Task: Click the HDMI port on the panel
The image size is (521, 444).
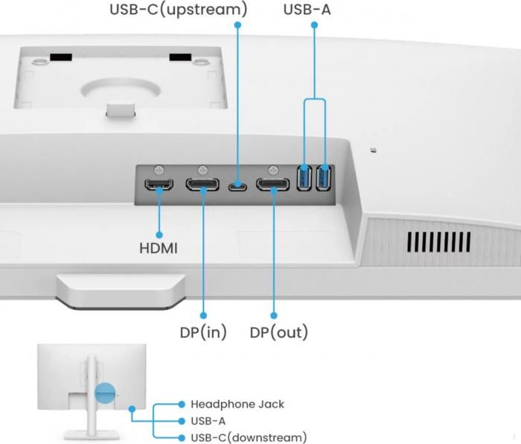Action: pyautogui.click(x=159, y=185)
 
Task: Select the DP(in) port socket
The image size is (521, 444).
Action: pyautogui.click(x=202, y=185)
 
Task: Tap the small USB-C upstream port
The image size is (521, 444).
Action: pyautogui.click(x=238, y=185)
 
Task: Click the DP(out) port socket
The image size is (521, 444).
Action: pyautogui.click(x=273, y=185)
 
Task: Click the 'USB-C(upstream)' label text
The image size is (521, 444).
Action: pyautogui.click(x=179, y=10)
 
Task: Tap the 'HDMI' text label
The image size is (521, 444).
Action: pyautogui.click(x=159, y=247)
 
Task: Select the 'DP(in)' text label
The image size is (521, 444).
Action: pyautogui.click(x=202, y=332)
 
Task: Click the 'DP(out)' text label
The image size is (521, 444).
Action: pyautogui.click(x=278, y=332)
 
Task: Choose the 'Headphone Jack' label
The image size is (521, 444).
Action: pyautogui.click(x=237, y=405)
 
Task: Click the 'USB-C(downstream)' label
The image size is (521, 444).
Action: pyautogui.click(x=248, y=437)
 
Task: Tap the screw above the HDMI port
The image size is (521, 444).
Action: pyautogui.click(x=159, y=170)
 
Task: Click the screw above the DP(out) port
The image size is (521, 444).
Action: pyautogui.click(x=273, y=170)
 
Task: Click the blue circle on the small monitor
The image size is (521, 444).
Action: pyautogui.click(x=106, y=393)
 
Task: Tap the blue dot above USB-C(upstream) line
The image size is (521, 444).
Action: pyautogui.click(x=238, y=25)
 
